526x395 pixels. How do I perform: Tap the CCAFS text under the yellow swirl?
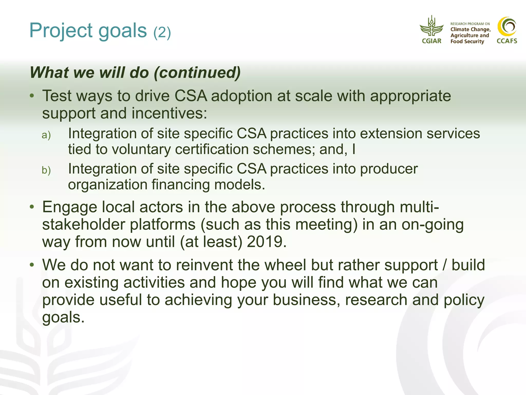coord(507,41)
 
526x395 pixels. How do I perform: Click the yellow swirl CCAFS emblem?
coord(507,26)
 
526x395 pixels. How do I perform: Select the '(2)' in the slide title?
coord(162,33)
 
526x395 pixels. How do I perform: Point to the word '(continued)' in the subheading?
coord(197,73)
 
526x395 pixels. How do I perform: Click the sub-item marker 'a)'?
coord(46,135)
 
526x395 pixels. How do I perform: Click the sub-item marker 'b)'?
coord(46,170)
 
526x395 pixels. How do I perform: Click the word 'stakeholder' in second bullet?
coord(83,225)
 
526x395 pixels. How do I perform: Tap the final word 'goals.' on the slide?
coord(63,317)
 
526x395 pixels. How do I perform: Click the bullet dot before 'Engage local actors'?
coord(32,207)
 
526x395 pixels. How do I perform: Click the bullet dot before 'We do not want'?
coord(32,265)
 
